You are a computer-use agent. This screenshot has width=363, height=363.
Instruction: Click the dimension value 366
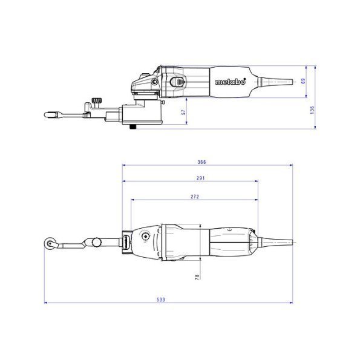(201, 162)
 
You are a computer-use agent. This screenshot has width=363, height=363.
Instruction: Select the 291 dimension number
(201, 178)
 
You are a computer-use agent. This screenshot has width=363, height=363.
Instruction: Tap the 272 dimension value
(195, 197)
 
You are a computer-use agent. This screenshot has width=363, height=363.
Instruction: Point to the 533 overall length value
(161, 299)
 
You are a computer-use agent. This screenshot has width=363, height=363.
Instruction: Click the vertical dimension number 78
(197, 277)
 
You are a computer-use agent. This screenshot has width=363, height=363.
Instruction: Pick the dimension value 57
(183, 113)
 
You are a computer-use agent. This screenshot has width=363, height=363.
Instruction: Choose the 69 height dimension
(304, 81)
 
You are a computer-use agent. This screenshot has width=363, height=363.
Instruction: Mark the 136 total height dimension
(312, 110)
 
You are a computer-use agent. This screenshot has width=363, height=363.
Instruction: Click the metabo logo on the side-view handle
(231, 82)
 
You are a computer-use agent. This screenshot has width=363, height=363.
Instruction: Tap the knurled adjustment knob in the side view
(97, 101)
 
